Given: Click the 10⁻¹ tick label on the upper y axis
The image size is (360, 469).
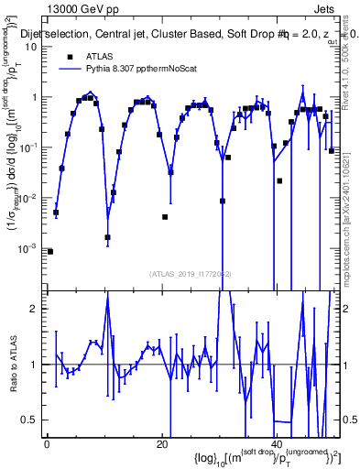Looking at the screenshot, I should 29,147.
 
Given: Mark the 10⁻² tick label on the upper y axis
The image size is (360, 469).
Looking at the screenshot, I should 29,198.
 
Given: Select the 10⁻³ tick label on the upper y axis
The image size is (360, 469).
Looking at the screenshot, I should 29,248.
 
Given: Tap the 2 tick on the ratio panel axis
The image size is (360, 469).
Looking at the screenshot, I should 35,309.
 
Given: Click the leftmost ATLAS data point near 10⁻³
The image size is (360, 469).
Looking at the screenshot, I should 50,251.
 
